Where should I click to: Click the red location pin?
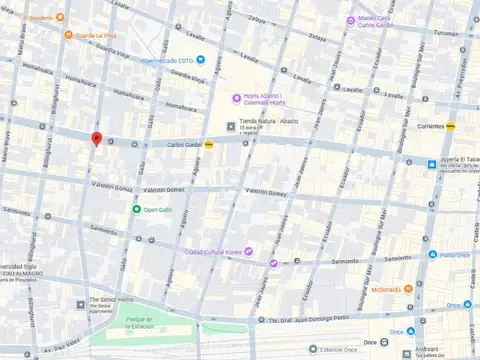pyautogui.click(x=96, y=139)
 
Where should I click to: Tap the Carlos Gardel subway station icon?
pyautogui.click(x=209, y=144)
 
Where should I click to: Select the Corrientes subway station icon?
pyautogui.click(x=451, y=127)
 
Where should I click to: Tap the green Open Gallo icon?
pyautogui.click(x=136, y=209)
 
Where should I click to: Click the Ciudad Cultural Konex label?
pyautogui.click(x=212, y=251)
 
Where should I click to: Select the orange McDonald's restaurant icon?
pyautogui.click(x=409, y=289)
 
